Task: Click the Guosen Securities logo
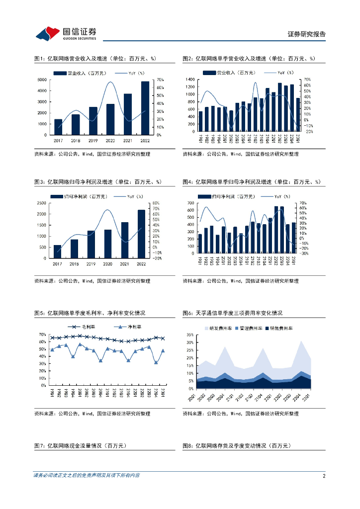(x=66, y=33)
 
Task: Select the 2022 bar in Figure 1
(x=145, y=108)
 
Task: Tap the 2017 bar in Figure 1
(x=58, y=127)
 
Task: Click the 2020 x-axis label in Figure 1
(x=110, y=141)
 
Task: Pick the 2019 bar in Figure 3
(x=91, y=244)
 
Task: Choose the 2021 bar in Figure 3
(x=125, y=240)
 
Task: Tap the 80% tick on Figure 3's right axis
(x=155, y=203)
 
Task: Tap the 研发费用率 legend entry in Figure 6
(x=222, y=328)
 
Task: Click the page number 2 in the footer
(x=324, y=476)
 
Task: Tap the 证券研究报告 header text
(x=307, y=34)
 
